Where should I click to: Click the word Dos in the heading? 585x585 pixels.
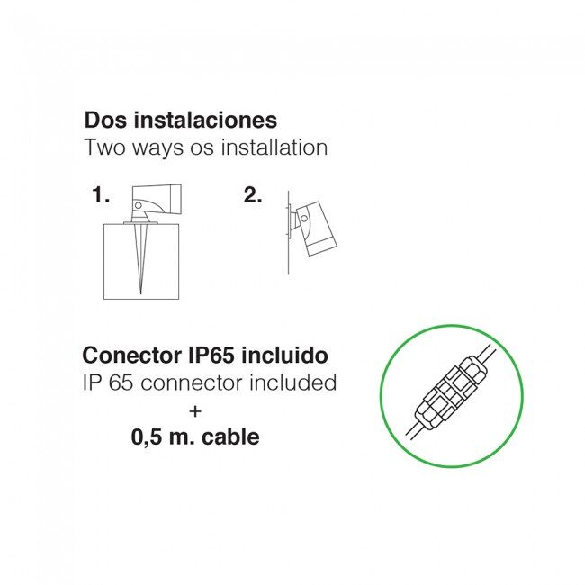point(105,120)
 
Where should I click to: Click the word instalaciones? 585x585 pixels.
point(205,120)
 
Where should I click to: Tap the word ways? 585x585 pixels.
point(157,148)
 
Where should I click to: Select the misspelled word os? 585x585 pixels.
point(202,148)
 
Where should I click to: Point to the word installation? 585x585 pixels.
point(274,147)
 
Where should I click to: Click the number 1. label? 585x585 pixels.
point(101,195)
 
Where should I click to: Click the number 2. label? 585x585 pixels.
point(253,195)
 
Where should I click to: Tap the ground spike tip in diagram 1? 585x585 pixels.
point(140,293)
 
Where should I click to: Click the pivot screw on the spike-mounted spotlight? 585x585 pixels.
point(138,205)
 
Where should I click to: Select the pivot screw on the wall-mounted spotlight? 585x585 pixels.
point(304,219)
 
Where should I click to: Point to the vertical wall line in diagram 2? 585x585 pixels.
point(288,232)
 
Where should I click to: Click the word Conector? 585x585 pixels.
point(130,355)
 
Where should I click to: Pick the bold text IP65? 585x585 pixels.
point(211,355)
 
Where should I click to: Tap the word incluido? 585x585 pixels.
point(284,355)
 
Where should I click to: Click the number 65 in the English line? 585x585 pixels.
point(121,382)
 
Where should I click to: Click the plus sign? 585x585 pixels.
point(195,411)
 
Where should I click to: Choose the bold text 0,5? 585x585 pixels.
point(147,437)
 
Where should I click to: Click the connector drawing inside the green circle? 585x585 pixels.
point(452,394)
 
